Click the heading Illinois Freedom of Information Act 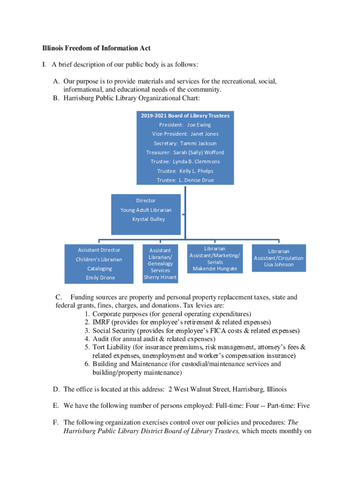click(x=96, y=48)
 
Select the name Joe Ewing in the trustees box click(x=199, y=125)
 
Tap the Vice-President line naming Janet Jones click(x=185, y=134)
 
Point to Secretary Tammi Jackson click(x=185, y=143)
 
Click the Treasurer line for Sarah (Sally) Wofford click(x=185, y=152)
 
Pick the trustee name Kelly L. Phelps click(x=196, y=171)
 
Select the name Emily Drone click(x=100, y=277)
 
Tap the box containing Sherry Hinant click(x=160, y=264)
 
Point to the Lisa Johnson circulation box click(x=278, y=258)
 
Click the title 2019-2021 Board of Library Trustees click(x=185, y=116)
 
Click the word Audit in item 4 click(x=101, y=339)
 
